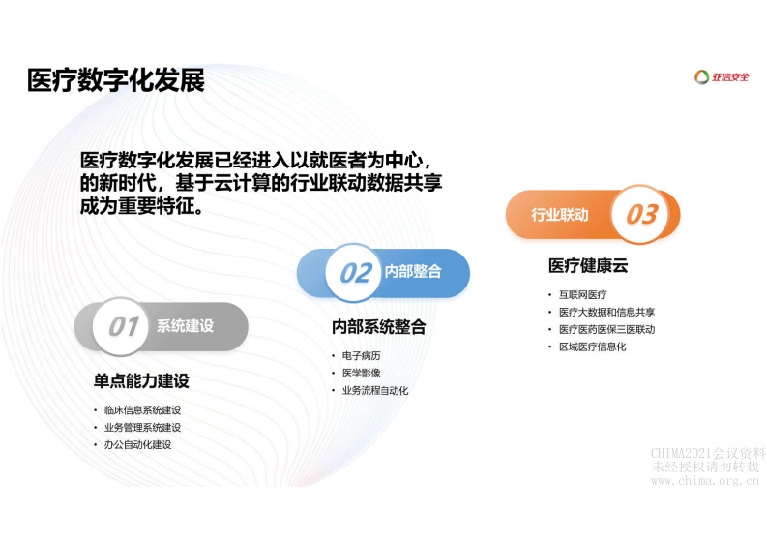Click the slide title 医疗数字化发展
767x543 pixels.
[116, 80]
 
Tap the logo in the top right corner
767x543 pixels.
[723, 77]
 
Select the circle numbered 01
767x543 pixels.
[123, 326]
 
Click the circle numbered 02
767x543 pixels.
[355, 272]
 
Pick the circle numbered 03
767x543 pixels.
[641, 214]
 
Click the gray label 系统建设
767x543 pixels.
[186, 326]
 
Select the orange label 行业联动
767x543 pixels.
[559, 215]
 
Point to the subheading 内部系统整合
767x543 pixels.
[378, 327]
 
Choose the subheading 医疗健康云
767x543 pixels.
[588, 266]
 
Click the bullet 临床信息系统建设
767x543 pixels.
[142, 410]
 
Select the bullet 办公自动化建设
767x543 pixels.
[137, 444]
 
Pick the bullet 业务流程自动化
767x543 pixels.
[375, 390]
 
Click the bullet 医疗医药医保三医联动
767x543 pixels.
[606, 329]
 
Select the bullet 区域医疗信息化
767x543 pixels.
[592, 347]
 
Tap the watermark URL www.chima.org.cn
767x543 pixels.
[705, 480]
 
